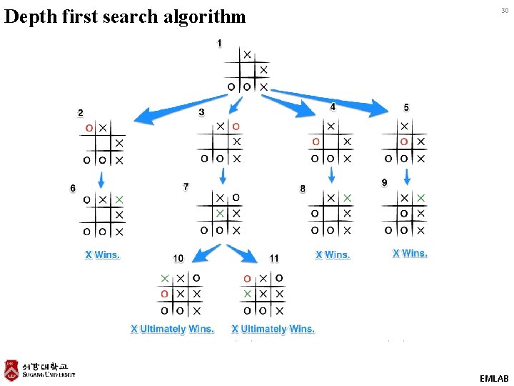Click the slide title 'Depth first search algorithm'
[x=125, y=16]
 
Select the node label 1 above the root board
[x=219, y=43]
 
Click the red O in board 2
[x=89, y=128]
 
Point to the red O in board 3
[x=236, y=127]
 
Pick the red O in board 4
[x=315, y=142]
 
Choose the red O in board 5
[x=405, y=142]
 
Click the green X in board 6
[x=119, y=199]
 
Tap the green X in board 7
[x=221, y=213]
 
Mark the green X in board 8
[x=347, y=197]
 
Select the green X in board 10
[x=166, y=278]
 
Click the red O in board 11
[x=247, y=278]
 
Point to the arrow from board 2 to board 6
[x=102, y=179]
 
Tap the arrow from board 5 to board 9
[x=405, y=176]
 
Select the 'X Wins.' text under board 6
[x=103, y=254]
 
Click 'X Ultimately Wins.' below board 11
[x=273, y=329]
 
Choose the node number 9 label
[x=384, y=183]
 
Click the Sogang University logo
[x=40, y=370]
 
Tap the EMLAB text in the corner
[x=494, y=377]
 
